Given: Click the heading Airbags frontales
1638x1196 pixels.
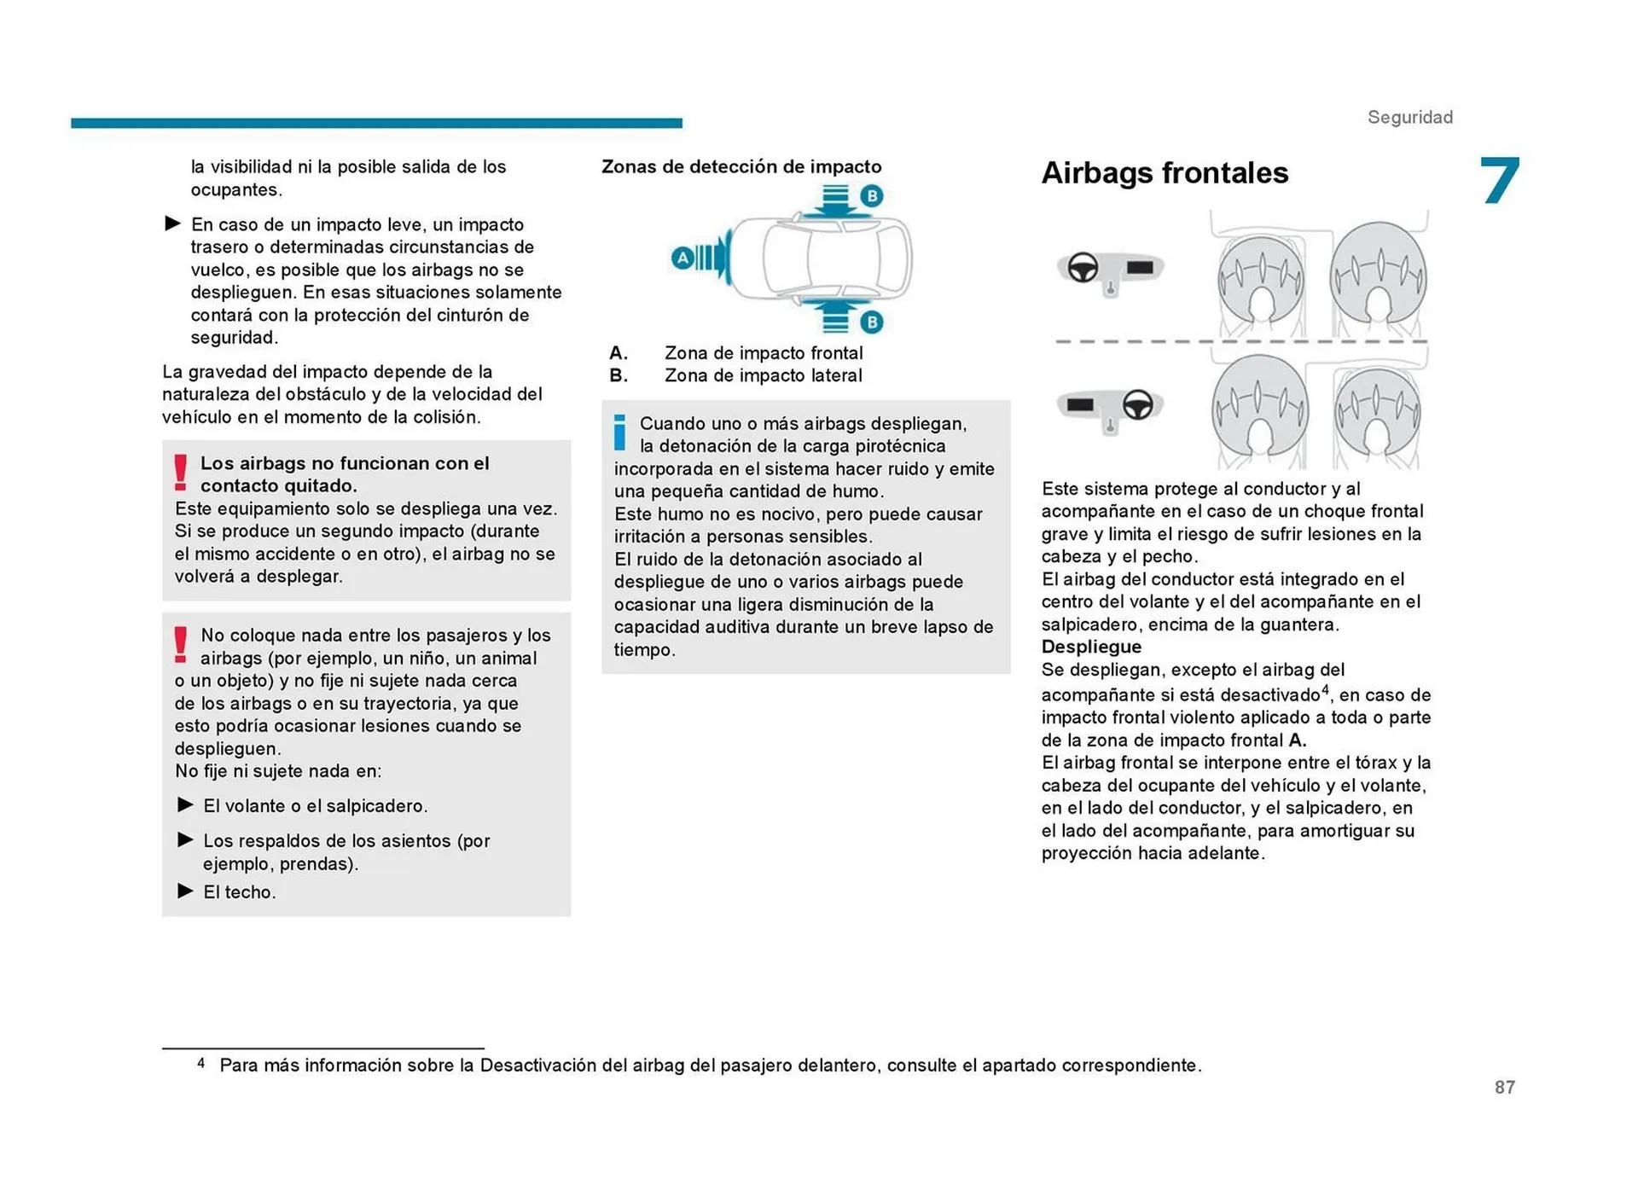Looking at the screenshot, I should tap(1164, 173).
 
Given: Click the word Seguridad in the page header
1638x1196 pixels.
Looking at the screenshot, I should tap(1409, 118).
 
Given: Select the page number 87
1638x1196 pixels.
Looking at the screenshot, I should tap(1504, 1087).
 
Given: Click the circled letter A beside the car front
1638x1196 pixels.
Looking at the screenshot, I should tap(682, 258).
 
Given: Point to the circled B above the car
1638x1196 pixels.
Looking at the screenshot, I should tap(871, 196).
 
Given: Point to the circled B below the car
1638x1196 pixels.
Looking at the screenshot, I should tap(871, 322).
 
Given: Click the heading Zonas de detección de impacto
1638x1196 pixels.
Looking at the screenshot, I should tap(741, 166).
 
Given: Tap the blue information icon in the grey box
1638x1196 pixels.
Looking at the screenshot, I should tap(620, 433).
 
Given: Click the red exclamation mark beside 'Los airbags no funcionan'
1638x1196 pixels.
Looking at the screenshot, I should tap(180, 472).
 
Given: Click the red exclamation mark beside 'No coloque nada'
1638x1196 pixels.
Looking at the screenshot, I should tap(180, 644).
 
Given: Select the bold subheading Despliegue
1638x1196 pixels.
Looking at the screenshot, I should tap(1090, 647).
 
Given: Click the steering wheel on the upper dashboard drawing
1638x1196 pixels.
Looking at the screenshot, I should tap(1083, 268).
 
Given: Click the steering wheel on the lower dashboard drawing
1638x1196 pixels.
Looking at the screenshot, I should tap(1137, 404).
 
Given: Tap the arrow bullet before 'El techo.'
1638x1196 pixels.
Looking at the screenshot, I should tap(185, 891).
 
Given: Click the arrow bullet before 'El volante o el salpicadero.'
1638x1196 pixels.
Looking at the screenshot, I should tap(185, 804).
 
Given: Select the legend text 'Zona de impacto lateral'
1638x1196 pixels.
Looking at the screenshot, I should tap(763, 375).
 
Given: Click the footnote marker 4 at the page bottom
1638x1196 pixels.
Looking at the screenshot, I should tap(201, 1063).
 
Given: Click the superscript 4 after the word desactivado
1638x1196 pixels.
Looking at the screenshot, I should tap(1325, 689).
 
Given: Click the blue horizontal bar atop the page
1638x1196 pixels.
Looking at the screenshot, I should tap(376, 124).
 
